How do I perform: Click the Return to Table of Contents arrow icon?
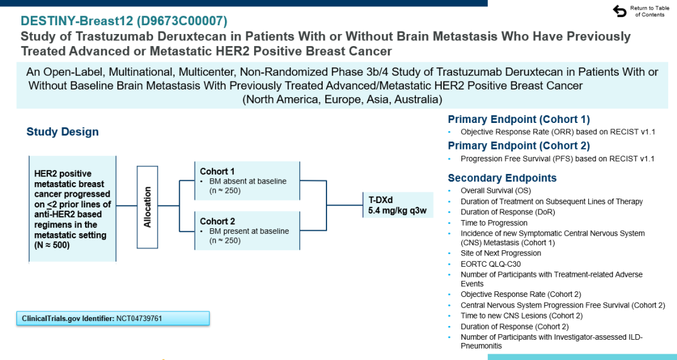pyautogui.click(x=619, y=11)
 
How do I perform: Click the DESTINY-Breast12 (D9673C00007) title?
pyautogui.click(x=124, y=21)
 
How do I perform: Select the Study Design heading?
pyautogui.click(x=62, y=132)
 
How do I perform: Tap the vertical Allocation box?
pyautogui.click(x=148, y=207)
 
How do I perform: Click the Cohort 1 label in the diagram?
pyautogui.click(x=217, y=171)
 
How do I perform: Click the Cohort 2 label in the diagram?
pyautogui.click(x=217, y=221)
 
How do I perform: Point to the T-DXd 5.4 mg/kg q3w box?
pyautogui.click(x=398, y=206)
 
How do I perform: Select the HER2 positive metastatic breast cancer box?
pyautogui.click(x=72, y=209)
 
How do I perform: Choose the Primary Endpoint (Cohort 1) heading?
pyautogui.click(x=519, y=120)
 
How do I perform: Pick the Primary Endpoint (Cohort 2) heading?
pyautogui.click(x=519, y=146)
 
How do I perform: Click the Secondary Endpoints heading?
pyautogui.click(x=502, y=178)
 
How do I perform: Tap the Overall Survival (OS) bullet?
pyautogui.click(x=494, y=191)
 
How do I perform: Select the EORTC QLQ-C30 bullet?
pyautogui.click(x=491, y=264)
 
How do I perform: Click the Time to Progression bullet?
pyautogui.click(x=494, y=223)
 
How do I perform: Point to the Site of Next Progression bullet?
pyautogui.click(x=501, y=253)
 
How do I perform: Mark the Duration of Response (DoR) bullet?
pyautogui.click(x=507, y=212)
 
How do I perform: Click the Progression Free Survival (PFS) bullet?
pyautogui.click(x=557, y=159)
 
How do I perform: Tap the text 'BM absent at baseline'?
pyautogui.click(x=248, y=182)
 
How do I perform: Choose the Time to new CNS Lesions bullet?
pyautogui.click(x=521, y=316)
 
